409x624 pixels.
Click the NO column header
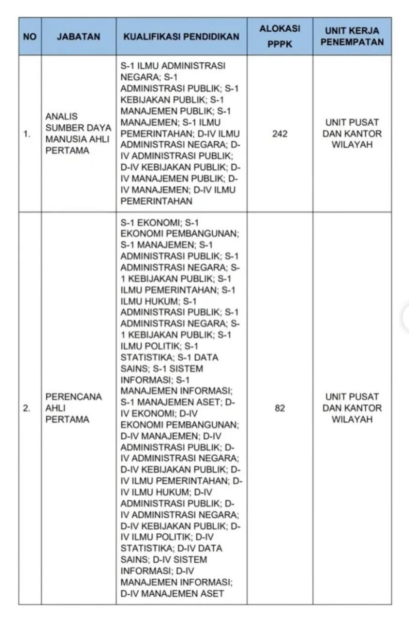pos(30,37)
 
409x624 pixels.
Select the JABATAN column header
pos(78,37)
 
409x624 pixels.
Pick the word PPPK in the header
pos(279,45)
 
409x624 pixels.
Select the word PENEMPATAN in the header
pos(352,42)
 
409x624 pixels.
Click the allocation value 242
pos(279,134)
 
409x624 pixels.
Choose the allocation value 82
pos(279,409)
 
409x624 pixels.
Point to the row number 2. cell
pos(27,409)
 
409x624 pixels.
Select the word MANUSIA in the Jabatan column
pos(64,139)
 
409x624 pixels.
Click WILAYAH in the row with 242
pos(352,145)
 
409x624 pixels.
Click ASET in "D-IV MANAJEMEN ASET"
pos(208,594)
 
